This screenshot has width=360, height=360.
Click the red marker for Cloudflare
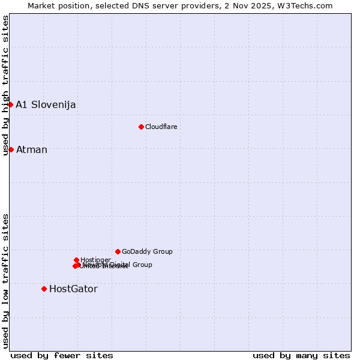tap(141, 127)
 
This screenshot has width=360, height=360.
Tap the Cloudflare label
tap(161, 127)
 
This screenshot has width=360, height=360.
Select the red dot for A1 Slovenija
tap(10, 104)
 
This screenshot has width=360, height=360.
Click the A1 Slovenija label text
tap(46, 105)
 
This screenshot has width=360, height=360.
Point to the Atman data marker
tap(11, 149)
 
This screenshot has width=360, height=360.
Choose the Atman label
tap(31, 150)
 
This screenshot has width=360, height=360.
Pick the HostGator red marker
tap(44, 289)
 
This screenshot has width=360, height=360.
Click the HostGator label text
tap(73, 289)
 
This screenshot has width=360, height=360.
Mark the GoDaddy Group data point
tap(118, 251)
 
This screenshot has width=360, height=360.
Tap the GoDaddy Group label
tap(147, 252)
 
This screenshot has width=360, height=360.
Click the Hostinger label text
tap(95, 260)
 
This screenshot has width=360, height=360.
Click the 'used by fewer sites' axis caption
tap(62, 355)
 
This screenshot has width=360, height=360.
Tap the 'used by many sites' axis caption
tap(301, 355)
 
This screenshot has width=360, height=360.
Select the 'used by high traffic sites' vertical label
tap(6, 85)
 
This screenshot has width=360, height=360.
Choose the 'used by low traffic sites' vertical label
tap(6, 280)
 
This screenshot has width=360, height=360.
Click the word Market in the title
tap(42, 6)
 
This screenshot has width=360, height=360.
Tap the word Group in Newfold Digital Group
tap(142, 265)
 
